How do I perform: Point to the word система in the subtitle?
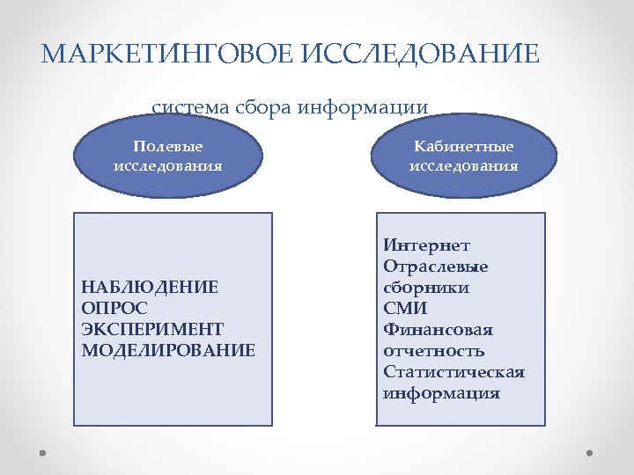click(190, 107)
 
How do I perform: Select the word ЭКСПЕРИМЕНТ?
click(151, 329)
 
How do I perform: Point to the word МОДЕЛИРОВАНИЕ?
click(167, 350)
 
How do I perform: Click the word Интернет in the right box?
click(427, 245)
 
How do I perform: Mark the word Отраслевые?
click(436, 266)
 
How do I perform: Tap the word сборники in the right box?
click(426, 287)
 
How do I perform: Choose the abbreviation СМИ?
click(405, 308)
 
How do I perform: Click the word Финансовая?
click(438, 330)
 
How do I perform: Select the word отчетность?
click(434, 351)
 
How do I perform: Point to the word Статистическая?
click(453, 372)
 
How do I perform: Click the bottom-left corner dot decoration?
click(42, 453)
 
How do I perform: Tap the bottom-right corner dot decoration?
click(591, 453)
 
